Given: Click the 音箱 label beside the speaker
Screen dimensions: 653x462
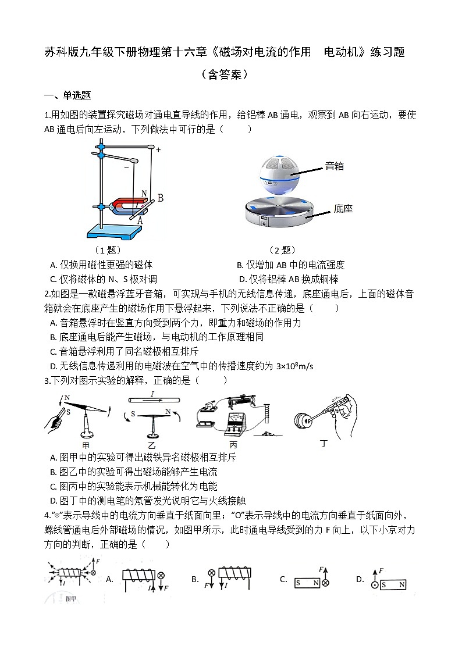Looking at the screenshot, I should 334,166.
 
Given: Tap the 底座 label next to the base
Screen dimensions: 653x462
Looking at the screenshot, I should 343,209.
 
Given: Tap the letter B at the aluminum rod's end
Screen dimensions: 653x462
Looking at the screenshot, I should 160,198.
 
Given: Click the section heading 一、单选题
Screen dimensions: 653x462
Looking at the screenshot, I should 67,96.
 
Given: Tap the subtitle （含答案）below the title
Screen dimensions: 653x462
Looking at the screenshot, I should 225,74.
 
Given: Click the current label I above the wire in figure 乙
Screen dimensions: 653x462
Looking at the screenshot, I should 152,394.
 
